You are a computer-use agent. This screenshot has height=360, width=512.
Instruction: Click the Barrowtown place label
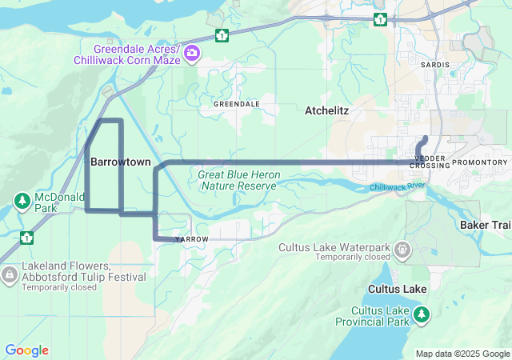(120, 162)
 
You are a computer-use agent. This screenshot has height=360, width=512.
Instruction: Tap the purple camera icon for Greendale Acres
(192, 54)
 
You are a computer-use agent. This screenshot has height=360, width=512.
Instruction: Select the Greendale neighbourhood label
(237, 104)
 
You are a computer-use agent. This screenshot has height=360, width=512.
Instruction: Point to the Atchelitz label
(327, 111)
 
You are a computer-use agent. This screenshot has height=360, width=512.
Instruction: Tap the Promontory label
(479, 162)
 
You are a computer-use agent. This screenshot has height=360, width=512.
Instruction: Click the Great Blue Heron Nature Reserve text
(238, 180)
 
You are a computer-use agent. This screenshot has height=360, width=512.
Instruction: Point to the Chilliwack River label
(397, 187)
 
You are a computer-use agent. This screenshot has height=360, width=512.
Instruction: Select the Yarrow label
(192, 239)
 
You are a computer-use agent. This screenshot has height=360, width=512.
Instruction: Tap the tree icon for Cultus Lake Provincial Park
(422, 316)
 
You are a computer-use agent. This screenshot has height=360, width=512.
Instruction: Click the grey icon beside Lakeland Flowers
(10, 276)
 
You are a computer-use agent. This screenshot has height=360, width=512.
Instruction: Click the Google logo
(26, 350)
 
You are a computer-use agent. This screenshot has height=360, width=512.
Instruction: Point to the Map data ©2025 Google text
(462, 354)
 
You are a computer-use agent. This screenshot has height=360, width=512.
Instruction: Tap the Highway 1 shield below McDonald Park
(26, 238)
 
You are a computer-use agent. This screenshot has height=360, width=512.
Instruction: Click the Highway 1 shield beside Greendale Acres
(221, 35)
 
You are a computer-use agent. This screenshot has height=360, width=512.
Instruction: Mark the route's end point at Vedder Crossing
(425, 138)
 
